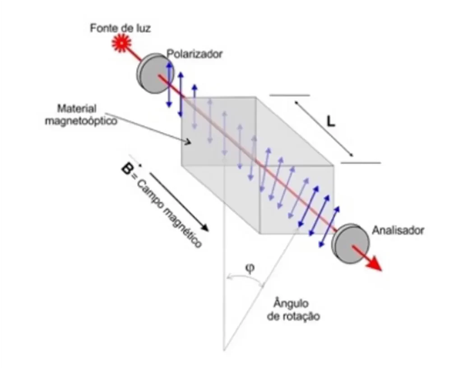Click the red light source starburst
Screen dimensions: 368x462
tap(121, 43)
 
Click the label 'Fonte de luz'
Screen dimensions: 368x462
tap(120, 28)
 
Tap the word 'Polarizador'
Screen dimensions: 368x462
tap(195, 54)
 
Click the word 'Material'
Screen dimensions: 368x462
tap(77, 109)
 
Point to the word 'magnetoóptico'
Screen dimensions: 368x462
tap(81, 121)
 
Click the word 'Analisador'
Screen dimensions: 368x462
tap(398, 230)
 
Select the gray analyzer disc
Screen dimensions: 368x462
tap(350, 244)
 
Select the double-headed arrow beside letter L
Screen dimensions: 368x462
tap(324, 129)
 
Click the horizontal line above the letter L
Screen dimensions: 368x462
tap(290, 95)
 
